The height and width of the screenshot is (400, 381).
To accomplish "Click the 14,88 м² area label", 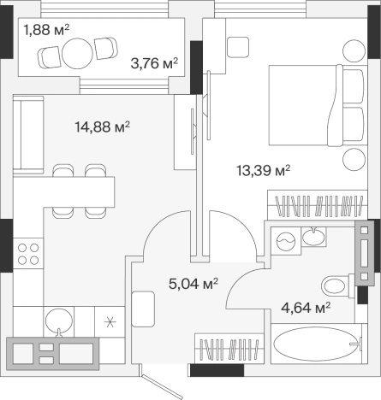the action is tap(103, 126).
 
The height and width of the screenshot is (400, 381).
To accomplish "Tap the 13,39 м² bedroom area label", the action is tap(264, 171).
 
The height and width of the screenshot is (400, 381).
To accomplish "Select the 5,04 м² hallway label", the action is tap(193, 284).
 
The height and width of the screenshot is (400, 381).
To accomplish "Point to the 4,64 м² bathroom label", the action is tap(306, 308).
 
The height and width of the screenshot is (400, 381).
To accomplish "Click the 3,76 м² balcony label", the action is tap(154, 63).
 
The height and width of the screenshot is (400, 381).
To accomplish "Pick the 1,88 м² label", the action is tap(46, 30).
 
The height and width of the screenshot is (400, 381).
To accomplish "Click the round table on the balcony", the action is tap(77, 54).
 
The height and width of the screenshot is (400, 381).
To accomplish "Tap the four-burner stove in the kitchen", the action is tap(28, 254).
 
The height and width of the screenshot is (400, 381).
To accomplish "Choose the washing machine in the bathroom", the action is tap(286, 241).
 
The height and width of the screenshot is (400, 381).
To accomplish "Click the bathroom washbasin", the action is tap(313, 237).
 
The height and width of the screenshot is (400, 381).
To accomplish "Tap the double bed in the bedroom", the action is tap(318, 105).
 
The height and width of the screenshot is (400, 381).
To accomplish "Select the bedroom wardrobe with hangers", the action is tap(318, 205).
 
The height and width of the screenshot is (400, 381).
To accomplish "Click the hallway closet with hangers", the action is tap(229, 348).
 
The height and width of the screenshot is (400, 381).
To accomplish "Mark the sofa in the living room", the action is tap(28, 135).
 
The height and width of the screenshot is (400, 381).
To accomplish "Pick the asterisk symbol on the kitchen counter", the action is tap(110, 322).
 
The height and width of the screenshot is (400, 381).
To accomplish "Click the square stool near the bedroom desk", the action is tap(238, 47).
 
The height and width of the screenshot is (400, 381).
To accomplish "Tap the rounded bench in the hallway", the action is tap(143, 309).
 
